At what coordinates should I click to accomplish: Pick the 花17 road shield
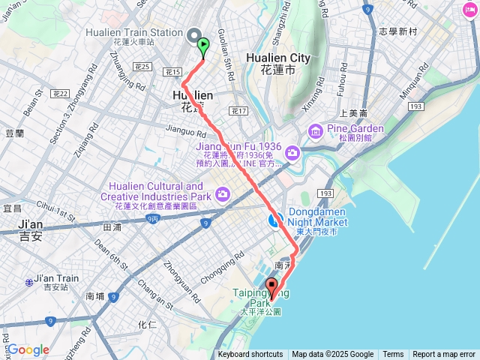click(x=238, y=111)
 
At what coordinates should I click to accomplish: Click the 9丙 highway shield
click(x=153, y=219)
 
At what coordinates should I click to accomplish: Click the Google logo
click(x=28, y=350)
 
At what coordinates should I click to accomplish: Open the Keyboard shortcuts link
click(x=250, y=355)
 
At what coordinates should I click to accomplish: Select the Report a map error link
click(x=444, y=355)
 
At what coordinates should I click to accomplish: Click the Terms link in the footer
click(x=393, y=355)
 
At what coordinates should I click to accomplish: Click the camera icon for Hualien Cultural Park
click(x=222, y=195)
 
